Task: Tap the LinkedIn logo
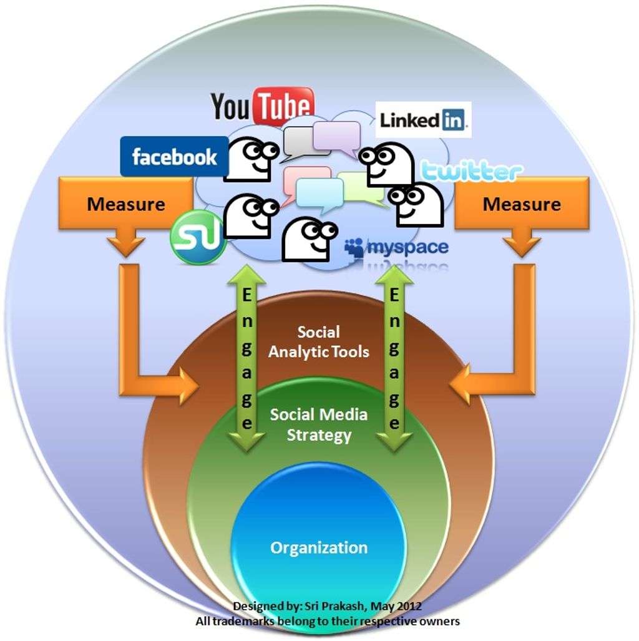[424, 120]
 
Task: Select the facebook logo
[174, 157]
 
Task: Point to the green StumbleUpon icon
[198, 237]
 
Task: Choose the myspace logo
[397, 248]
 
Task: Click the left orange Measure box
[126, 204]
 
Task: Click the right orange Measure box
[522, 204]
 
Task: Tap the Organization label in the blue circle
[319, 548]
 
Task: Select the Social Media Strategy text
[319, 424]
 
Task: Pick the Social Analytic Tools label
[319, 341]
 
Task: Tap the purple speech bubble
[337, 136]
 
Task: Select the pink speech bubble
[306, 181]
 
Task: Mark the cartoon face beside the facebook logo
[250, 160]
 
